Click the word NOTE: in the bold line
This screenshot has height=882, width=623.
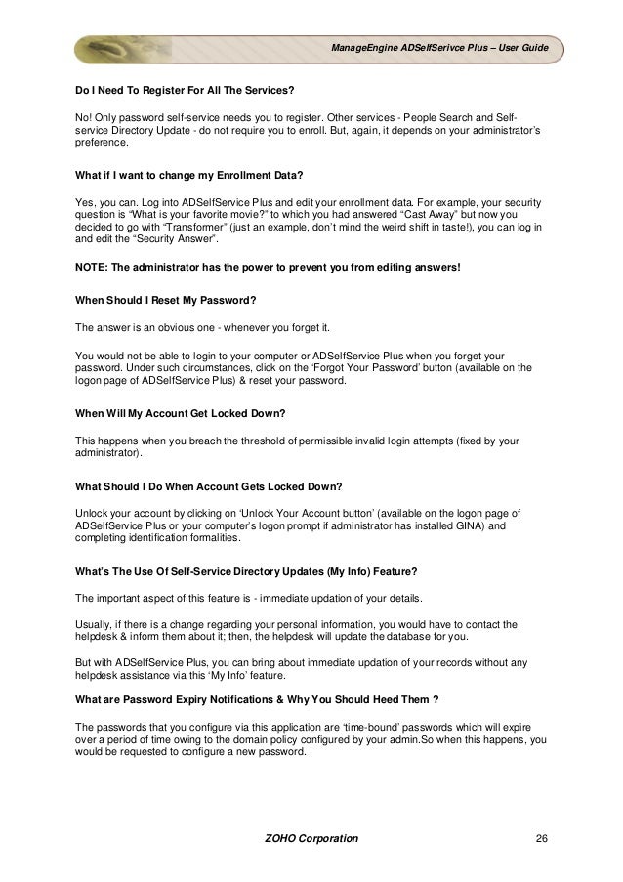click(94, 267)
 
